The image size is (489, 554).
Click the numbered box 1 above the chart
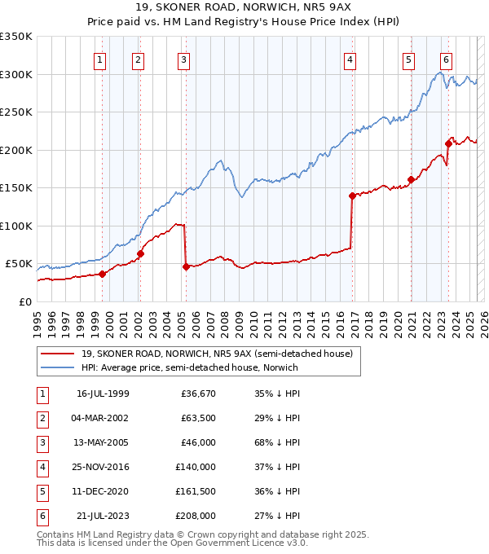(99, 59)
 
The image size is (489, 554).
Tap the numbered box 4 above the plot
(349, 59)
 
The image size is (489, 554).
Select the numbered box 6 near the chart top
(446, 59)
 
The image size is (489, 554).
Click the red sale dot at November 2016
(352, 196)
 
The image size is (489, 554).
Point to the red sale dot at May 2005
(186, 266)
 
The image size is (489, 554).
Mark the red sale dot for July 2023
(448, 144)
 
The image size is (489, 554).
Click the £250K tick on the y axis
(16, 112)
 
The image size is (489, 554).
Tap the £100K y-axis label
(16, 226)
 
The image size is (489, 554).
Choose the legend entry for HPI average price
(189, 367)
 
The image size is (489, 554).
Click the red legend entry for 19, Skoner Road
(216, 354)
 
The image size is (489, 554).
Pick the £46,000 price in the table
(198, 442)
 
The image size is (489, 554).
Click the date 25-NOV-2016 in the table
(103, 467)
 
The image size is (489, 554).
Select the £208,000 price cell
(195, 516)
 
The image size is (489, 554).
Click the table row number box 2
(42, 418)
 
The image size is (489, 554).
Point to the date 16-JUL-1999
(103, 394)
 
